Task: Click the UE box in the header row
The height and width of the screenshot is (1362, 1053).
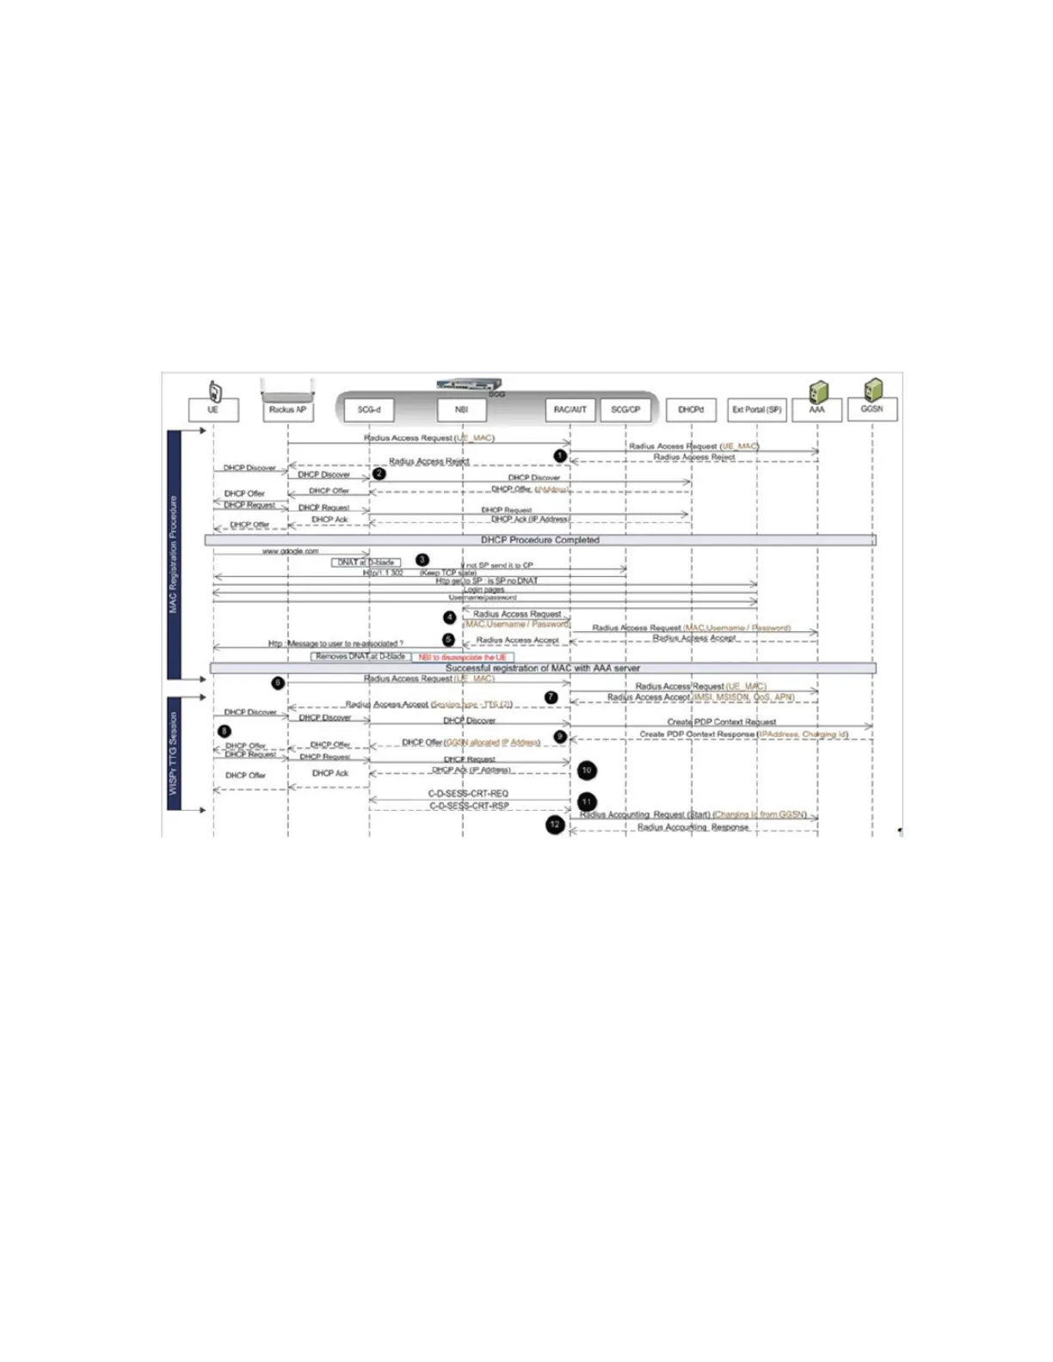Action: (x=213, y=410)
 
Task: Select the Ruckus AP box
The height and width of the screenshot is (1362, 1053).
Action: (x=287, y=410)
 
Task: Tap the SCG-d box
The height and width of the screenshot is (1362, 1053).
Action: (x=369, y=410)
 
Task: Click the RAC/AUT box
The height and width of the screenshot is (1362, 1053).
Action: (x=570, y=410)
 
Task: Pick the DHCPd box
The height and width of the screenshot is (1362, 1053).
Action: (x=691, y=410)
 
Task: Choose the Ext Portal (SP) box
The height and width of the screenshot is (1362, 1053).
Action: (x=757, y=410)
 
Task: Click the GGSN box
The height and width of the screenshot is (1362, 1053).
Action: (x=871, y=409)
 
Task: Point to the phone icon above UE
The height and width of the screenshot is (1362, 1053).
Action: (x=215, y=391)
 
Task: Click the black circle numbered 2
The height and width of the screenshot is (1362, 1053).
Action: (x=379, y=474)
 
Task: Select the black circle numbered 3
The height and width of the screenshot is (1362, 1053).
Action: (x=422, y=560)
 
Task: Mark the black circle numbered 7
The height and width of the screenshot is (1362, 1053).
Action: (x=551, y=697)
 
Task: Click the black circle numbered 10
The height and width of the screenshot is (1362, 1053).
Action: (x=587, y=770)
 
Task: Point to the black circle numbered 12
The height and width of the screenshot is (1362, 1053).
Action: (x=555, y=825)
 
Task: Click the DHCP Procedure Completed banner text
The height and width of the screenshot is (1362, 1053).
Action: (x=539, y=540)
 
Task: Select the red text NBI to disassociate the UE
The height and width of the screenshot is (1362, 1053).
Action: (x=462, y=658)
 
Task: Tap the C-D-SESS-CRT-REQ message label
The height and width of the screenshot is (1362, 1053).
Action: (x=468, y=794)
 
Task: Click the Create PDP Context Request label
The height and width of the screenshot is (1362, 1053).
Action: (x=721, y=722)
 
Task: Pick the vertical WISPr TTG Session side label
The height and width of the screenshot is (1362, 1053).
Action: (x=174, y=752)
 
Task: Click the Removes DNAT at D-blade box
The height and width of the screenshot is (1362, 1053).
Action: (x=360, y=657)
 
